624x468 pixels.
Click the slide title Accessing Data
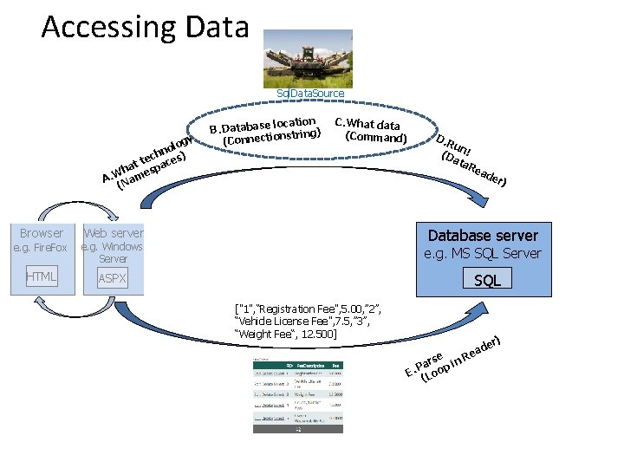[x=145, y=27]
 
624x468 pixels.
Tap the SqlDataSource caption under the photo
[x=309, y=94]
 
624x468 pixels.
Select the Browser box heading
[x=42, y=233]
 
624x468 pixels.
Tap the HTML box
[x=41, y=277]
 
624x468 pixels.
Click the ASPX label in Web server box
[x=113, y=279]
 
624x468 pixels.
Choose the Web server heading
[x=113, y=233]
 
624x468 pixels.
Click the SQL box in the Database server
[x=487, y=279]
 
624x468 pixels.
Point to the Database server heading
[x=483, y=236]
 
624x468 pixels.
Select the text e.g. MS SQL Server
[x=483, y=254]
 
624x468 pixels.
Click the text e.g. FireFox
[x=40, y=249]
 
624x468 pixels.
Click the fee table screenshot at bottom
[x=297, y=394]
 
